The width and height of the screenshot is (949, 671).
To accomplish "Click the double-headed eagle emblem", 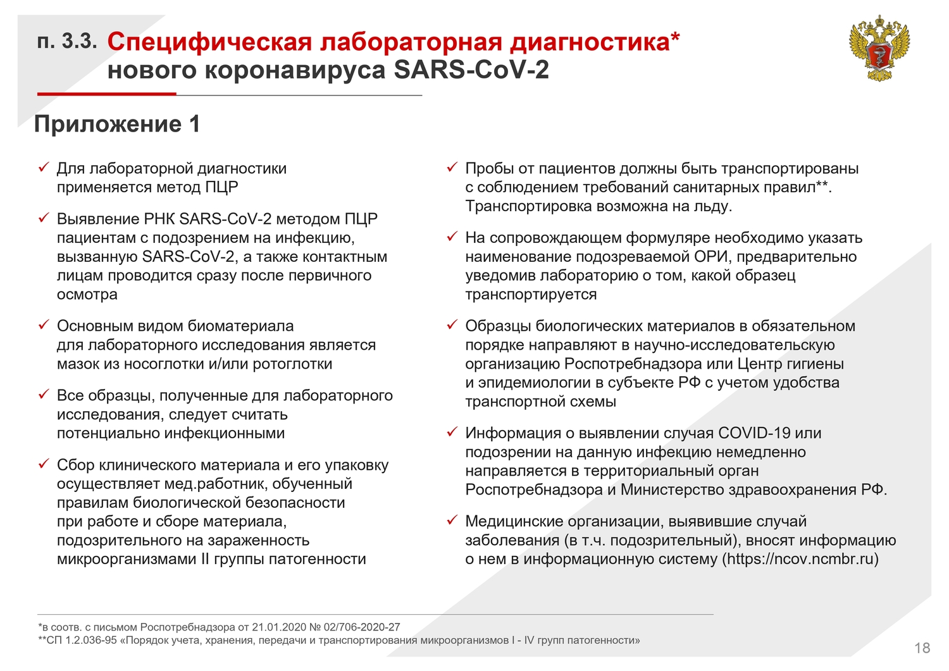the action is (879, 47).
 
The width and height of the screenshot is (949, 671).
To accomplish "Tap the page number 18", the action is (922, 648).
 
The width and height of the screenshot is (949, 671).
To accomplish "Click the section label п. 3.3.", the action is (67, 42).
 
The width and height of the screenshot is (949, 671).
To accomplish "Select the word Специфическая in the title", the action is (209, 42).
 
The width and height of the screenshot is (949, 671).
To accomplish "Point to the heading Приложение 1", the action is (117, 124).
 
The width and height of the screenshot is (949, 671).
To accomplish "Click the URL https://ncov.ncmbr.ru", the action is (800, 559).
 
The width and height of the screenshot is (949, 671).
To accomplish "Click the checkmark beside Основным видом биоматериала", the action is (44, 325).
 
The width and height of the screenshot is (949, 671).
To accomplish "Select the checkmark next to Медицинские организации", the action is (452, 520).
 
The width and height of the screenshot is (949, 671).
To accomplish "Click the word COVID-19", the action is (754, 433).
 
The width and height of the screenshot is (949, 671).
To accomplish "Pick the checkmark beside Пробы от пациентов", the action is (452, 168).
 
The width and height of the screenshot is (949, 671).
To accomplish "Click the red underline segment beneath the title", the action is (107, 94).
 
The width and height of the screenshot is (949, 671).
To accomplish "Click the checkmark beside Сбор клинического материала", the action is (44, 464).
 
